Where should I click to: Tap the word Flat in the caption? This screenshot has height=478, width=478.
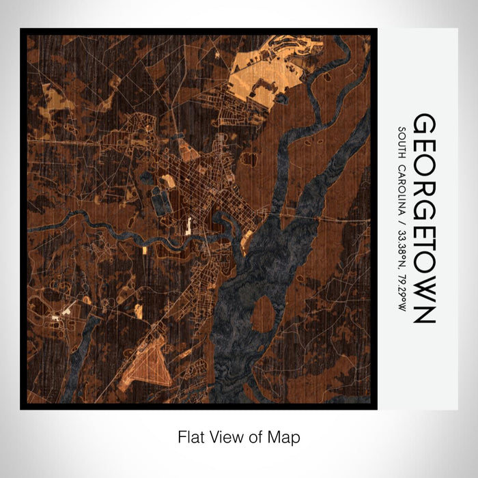pyautogui.click(x=191, y=436)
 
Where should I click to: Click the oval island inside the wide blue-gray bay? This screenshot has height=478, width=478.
pyautogui.click(x=263, y=315)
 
